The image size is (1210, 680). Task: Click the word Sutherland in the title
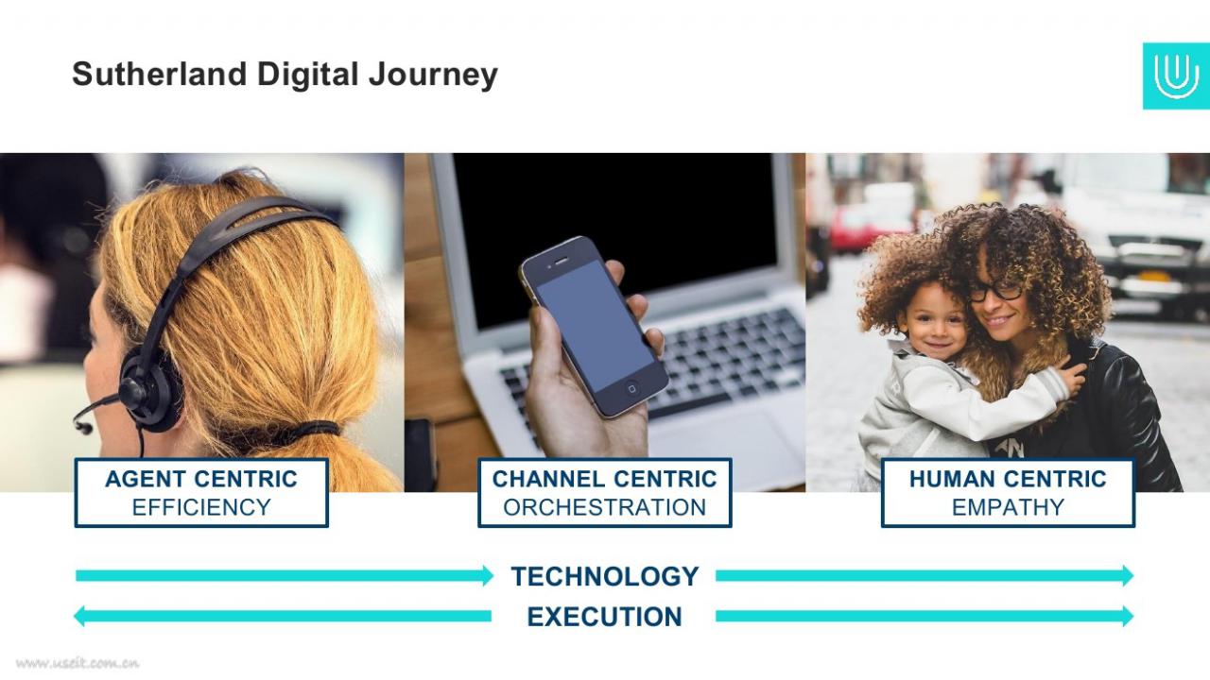pos(160,74)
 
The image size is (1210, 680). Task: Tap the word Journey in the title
pos(433,76)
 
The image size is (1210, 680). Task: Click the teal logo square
pos(1176,76)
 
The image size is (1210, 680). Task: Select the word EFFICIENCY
pos(201,507)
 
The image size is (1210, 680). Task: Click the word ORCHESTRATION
pos(604,507)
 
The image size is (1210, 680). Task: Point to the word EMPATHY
pos(1008,507)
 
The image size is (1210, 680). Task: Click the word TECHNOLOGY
pos(605,576)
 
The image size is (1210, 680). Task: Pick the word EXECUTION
pos(604,617)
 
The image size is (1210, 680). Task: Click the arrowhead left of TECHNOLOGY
pos(488,576)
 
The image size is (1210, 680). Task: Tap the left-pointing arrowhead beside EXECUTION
pos(78,617)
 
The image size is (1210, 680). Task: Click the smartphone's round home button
pos(631,388)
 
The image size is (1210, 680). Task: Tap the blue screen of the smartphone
pos(595,326)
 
